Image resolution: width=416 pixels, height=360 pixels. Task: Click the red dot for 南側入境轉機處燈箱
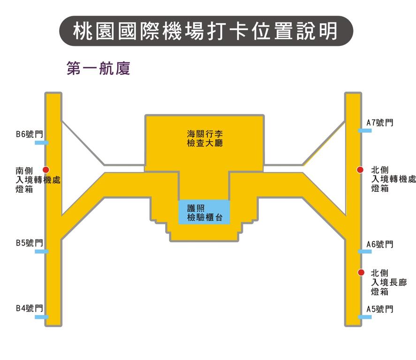(x=46, y=170)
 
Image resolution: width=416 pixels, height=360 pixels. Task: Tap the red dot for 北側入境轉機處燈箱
(x=360, y=170)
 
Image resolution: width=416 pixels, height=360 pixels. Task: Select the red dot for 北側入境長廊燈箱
(x=361, y=272)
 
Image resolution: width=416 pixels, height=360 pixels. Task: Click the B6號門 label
(x=29, y=135)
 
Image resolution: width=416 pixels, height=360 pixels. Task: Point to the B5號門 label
(x=29, y=243)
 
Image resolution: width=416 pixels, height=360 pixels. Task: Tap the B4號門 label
(x=29, y=308)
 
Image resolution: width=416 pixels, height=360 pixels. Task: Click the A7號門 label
(x=379, y=123)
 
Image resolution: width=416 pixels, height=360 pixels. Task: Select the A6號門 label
(x=379, y=244)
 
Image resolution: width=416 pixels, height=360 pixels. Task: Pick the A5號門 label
(x=379, y=309)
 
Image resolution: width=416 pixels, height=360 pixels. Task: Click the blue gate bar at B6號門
(x=42, y=142)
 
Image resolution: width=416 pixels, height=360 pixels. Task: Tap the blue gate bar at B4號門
(x=42, y=317)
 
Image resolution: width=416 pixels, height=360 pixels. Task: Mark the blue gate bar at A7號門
(x=365, y=130)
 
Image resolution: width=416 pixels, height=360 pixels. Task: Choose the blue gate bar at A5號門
(x=365, y=317)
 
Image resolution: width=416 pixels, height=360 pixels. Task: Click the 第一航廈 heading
(x=98, y=68)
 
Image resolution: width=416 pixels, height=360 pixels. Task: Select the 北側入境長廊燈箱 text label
(x=388, y=282)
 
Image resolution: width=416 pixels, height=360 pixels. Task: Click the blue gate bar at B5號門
(x=42, y=251)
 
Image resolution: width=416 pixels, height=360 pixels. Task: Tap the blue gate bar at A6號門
(x=365, y=251)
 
